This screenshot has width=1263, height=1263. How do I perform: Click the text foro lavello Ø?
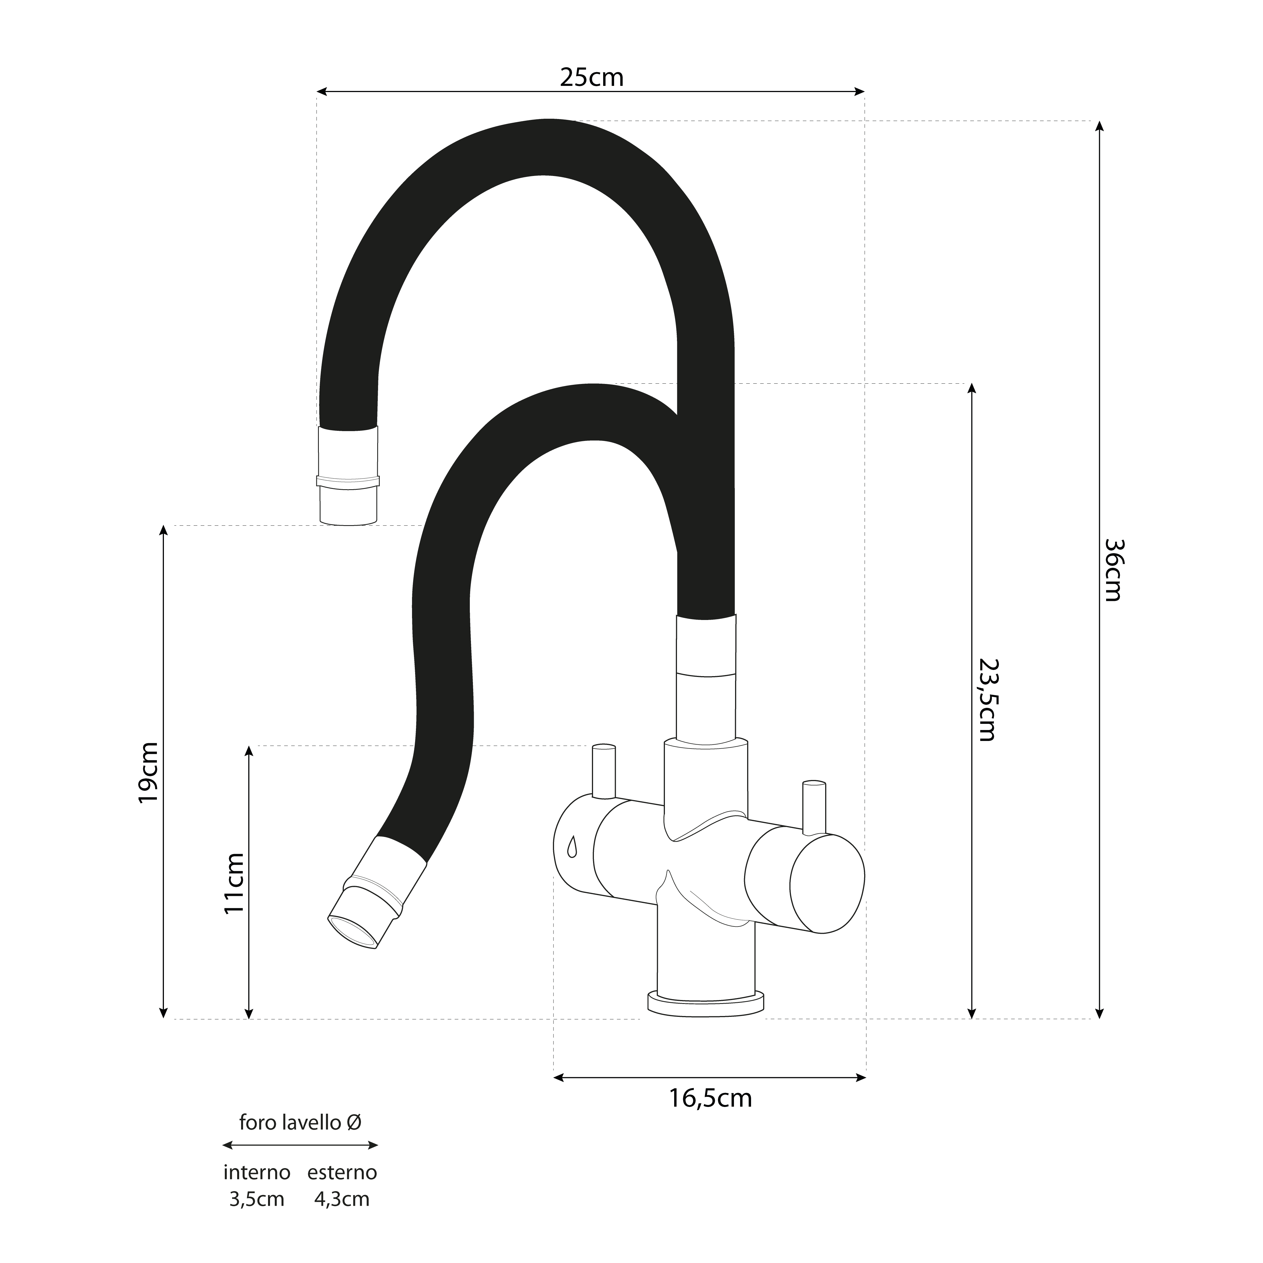point(300,1122)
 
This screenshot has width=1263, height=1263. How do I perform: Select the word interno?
point(257,1173)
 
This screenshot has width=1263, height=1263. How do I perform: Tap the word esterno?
point(342,1173)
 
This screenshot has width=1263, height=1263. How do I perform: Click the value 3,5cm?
point(257,1200)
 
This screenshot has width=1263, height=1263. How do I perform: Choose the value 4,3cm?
point(342,1200)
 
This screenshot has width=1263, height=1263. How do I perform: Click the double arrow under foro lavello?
point(300,1145)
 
